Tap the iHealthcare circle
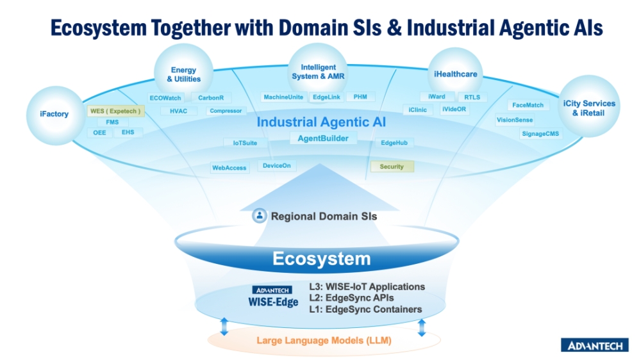455,74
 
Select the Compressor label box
225,111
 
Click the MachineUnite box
283,97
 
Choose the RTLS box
472,97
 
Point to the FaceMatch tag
528,105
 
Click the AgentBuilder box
323,138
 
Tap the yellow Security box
392,167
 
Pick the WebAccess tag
229,168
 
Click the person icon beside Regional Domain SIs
260,216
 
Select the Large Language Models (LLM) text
324,340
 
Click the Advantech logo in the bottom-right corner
595,345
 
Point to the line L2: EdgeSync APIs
351,298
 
